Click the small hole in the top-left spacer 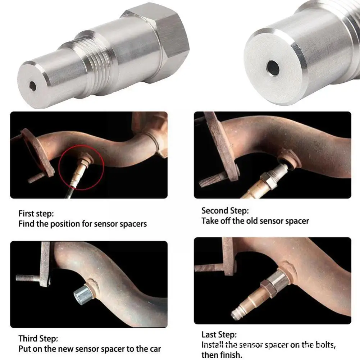33,86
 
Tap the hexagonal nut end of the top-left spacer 158,41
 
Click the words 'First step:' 36,214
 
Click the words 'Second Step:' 225,210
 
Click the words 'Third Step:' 38,338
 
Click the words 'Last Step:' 219,334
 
